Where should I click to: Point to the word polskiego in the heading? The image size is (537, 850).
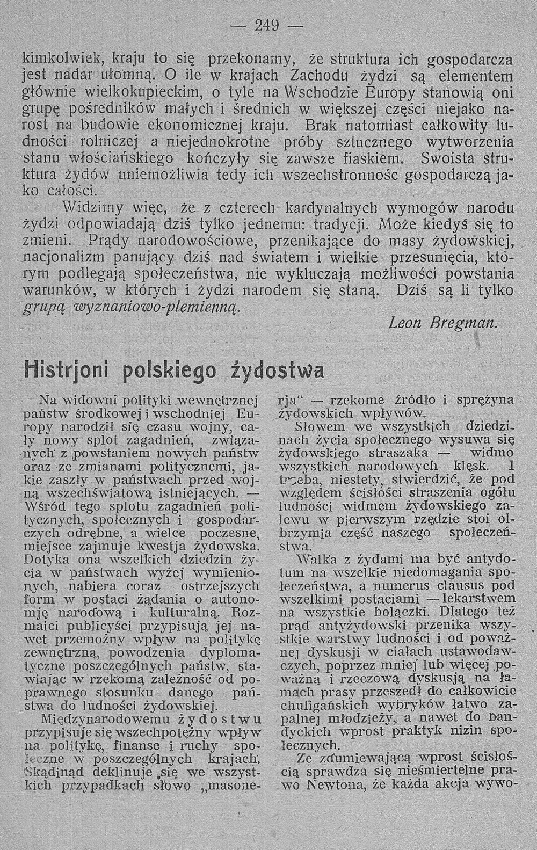coord(173,371)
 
